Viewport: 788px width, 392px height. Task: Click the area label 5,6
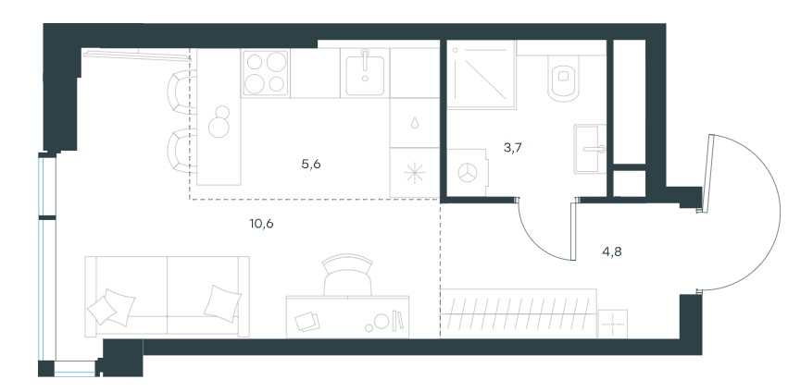[311, 165]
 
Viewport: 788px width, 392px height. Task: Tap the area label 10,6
[261, 224]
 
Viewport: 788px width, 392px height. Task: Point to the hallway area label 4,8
[612, 251]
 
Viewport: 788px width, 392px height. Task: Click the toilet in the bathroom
[563, 78]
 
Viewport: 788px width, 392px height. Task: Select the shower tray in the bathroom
[481, 74]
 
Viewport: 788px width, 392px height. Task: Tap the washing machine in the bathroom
[468, 172]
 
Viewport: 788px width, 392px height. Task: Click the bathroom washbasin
[590, 149]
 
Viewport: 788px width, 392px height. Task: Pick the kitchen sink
[365, 73]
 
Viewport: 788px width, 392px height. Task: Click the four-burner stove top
[266, 73]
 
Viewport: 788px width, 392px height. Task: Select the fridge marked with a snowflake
[415, 172]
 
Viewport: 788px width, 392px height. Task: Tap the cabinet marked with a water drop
[415, 123]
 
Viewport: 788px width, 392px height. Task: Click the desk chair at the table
[348, 276]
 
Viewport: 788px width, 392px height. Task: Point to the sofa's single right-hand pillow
[221, 302]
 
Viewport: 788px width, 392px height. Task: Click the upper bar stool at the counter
[181, 92]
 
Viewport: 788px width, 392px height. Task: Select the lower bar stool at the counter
[181, 151]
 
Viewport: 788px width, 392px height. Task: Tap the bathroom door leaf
[572, 231]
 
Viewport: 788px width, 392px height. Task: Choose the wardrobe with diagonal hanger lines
[519, 312]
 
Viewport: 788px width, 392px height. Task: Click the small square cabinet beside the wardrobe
[613, 324]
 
